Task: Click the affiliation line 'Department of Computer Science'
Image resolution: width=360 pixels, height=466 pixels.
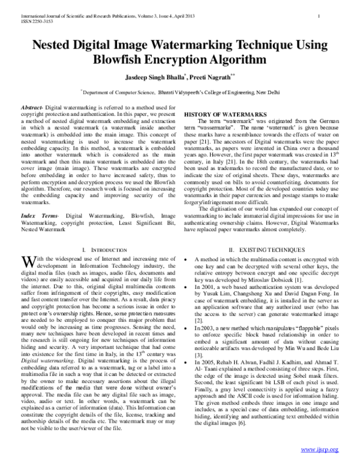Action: pyautogui.click(x=120, y=93)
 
